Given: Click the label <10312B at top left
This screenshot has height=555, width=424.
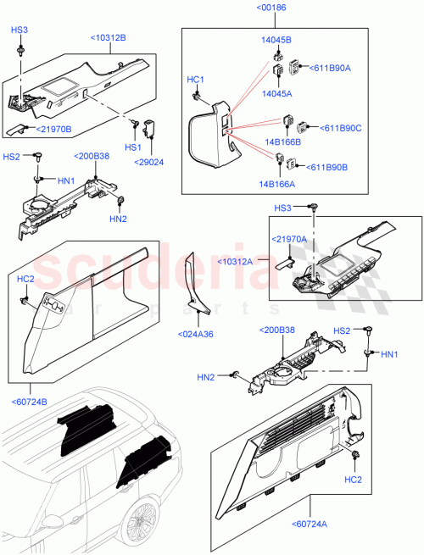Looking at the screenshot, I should (x=108, y=38).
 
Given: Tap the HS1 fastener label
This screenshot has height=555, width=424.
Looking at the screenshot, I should (x=132, y=147).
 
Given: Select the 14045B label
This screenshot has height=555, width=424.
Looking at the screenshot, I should (x=275, y=41).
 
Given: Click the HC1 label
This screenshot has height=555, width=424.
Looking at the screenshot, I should (x=196, y=80).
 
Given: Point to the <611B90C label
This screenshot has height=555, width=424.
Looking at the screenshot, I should (x=339, y=128).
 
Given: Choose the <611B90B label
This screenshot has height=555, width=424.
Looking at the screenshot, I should (x=327, y=167).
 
